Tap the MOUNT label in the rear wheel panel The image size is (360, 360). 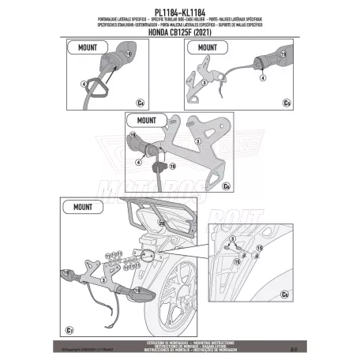coord(83,208)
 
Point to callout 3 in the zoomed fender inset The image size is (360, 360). coord(233,238)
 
